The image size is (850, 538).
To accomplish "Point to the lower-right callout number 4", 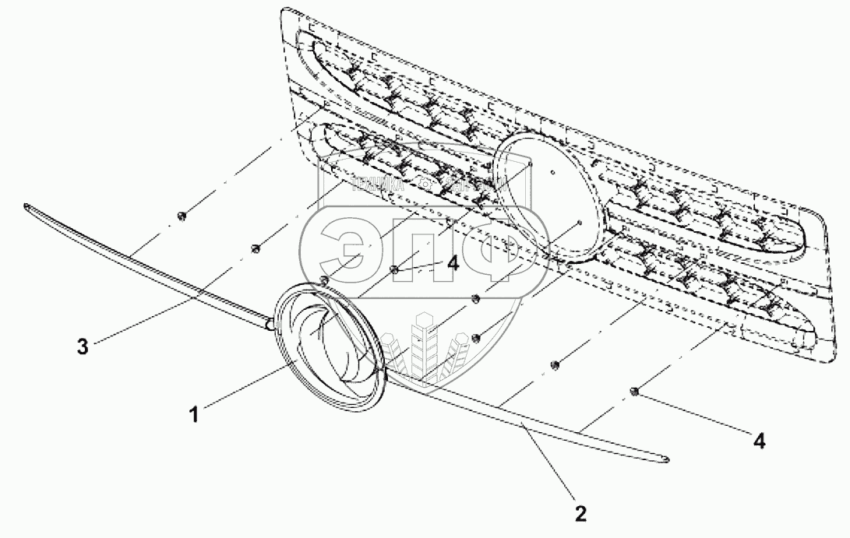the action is point(759,441).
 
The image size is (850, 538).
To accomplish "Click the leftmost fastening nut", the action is point(180,215).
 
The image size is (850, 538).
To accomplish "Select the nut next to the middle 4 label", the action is point(395,269).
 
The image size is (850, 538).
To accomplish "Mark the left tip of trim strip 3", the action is point(28,207).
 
